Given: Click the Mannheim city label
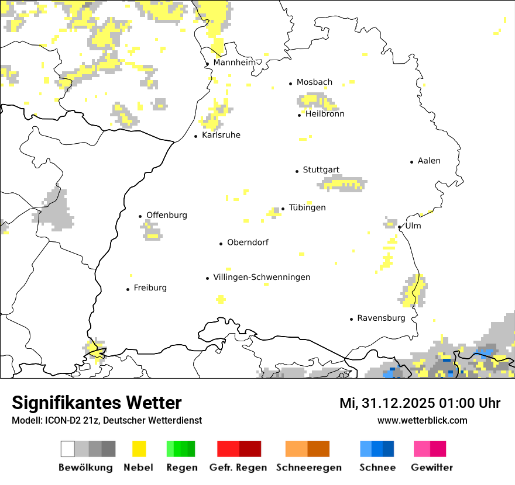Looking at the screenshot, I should click(x=234, y=63).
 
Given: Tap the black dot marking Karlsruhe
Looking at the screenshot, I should click(x=196, y=136).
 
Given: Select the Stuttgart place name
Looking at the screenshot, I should click(x=321, y=170).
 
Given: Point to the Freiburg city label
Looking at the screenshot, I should click(x=150, y=287).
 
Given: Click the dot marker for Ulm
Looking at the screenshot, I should click(x=399, y=227).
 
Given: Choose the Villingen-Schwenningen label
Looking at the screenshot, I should click(x=262, y=277).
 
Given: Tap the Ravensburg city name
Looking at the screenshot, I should click(x=381, y=318).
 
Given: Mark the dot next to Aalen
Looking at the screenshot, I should click(x=412, y=162).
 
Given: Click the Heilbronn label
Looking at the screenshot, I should click(x=325, y=114).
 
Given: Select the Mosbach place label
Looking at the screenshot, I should click(x=314, y=82).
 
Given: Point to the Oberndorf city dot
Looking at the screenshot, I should click(x=221, y=244).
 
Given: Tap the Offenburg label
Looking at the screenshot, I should click(x=167, y=215).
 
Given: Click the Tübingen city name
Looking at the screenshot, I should click(x=307, y=207).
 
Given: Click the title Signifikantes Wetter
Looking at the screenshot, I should click(x=97, y=403).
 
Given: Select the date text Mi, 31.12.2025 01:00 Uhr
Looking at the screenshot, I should click(x=420, y=403).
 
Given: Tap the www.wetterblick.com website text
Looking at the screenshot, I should click(x=422, y=420).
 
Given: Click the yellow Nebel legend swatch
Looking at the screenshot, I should click(x=139, y=449).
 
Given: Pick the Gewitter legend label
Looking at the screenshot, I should click(x=431, y=467).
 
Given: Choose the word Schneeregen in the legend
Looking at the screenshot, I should click(x=308, y=467).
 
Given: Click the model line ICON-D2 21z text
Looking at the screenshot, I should click(x=107, y=420).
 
